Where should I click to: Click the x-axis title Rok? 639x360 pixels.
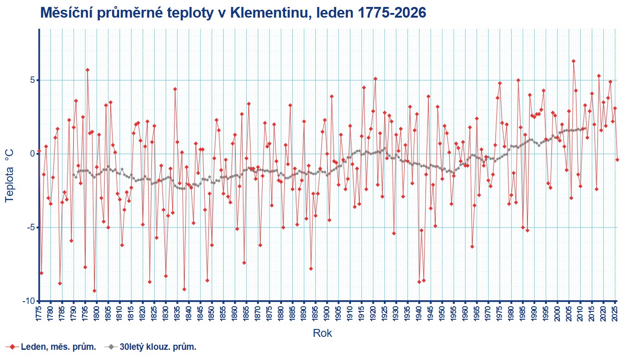(322, 333)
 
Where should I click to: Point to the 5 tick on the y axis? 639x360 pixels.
(32, 80)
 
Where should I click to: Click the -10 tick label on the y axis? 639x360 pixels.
(29, 301)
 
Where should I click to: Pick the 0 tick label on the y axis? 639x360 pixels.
(32, 154)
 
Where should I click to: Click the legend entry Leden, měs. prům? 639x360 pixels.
(58, 347)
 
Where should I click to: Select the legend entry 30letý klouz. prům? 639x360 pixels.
(158, 347)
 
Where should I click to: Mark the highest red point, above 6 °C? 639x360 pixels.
(573, 61)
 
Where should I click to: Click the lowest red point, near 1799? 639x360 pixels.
(94, 291)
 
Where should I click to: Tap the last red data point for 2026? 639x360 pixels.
(617, 159)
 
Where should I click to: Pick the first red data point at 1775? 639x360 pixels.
(39, 151)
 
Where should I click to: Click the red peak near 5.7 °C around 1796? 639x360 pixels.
(88, 70)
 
